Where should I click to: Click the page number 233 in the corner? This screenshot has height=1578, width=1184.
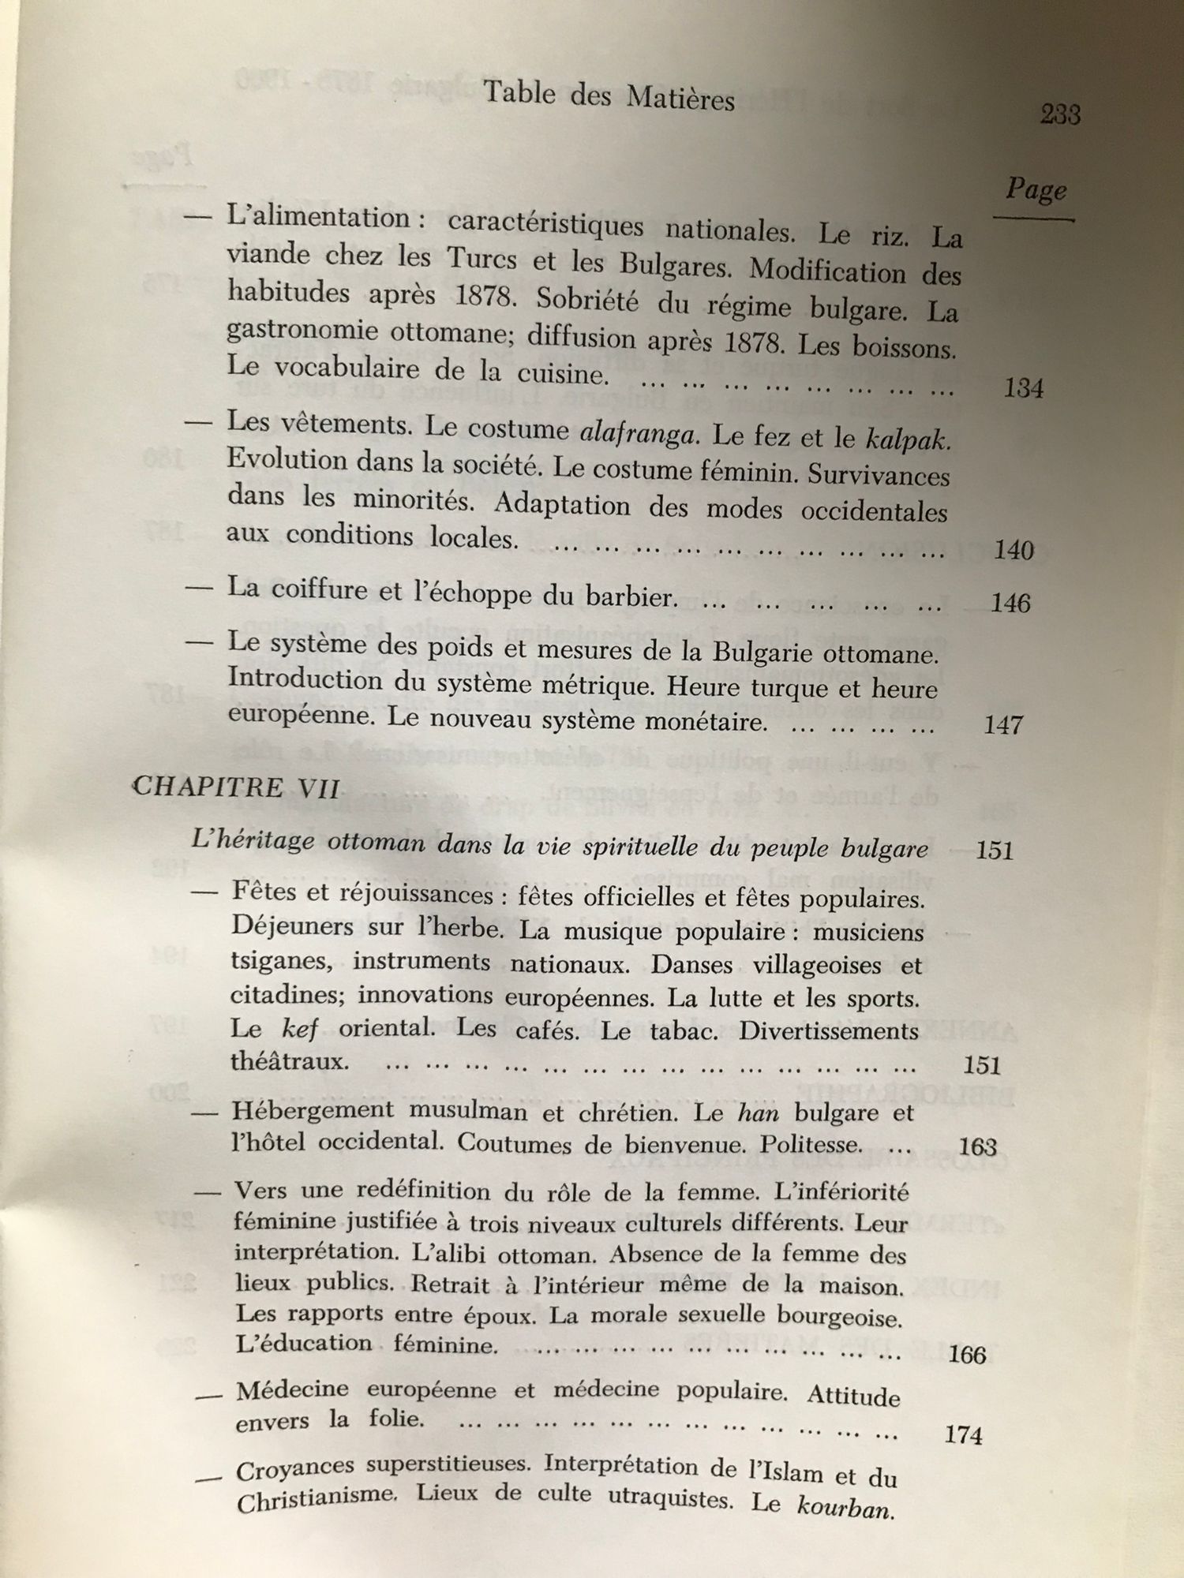[x=1060, y=115]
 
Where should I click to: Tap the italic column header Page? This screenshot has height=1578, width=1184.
[x=1036, y=191]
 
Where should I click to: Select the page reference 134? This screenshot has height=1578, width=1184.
[x=1024, y=388]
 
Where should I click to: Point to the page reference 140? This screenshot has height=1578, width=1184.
[x=1014, y=550]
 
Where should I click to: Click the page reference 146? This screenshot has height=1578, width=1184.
[x=1010, y=604]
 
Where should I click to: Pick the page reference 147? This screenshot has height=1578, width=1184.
[x=1003, y=724]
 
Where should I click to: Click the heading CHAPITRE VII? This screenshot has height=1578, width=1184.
[x=237, y=787]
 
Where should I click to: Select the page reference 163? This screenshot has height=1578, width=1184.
[x=977, y=1146]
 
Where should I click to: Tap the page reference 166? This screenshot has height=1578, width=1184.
[x=968, y=1356]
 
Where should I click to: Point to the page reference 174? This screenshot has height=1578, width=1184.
[x=963, y=1434]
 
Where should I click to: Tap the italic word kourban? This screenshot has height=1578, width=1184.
[x=845, y=1509]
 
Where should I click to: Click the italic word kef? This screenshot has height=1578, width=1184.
[x=300, y=1029]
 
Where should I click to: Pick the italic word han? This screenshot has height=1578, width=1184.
[x=758, y=1113]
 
